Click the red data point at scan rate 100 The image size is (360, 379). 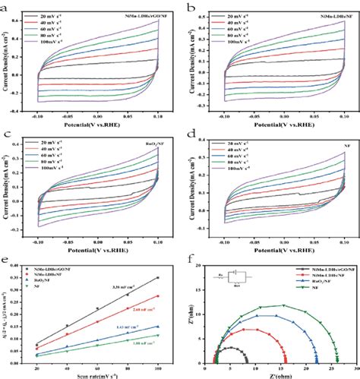pos(158,296)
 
